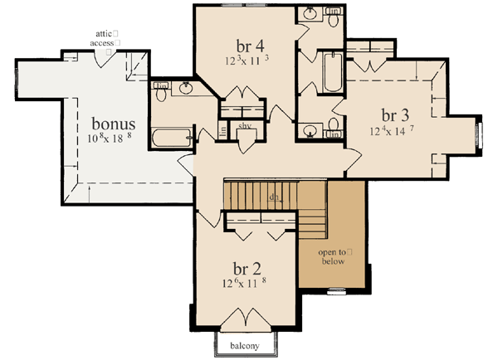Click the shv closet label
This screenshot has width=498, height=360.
pyautogui.click(x=245, y=125)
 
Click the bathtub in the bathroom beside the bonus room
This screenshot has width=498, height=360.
pyautogui.click(x=171, y=137)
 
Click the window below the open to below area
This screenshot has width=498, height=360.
pyautogui.click(x=336, y=289)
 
